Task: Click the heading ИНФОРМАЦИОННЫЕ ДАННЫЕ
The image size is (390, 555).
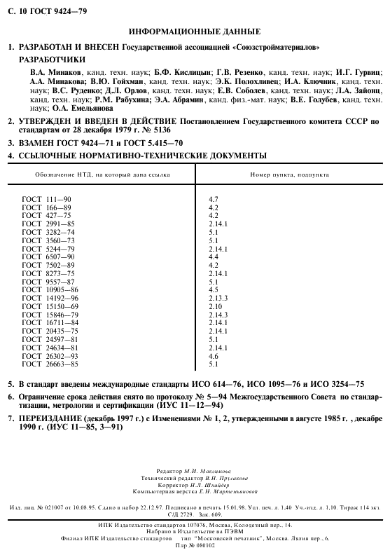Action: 195,32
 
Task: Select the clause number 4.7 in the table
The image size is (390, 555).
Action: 214,200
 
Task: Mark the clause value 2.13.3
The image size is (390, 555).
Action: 218,297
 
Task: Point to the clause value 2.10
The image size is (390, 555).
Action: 215,306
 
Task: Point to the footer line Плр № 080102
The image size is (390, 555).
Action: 195,544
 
